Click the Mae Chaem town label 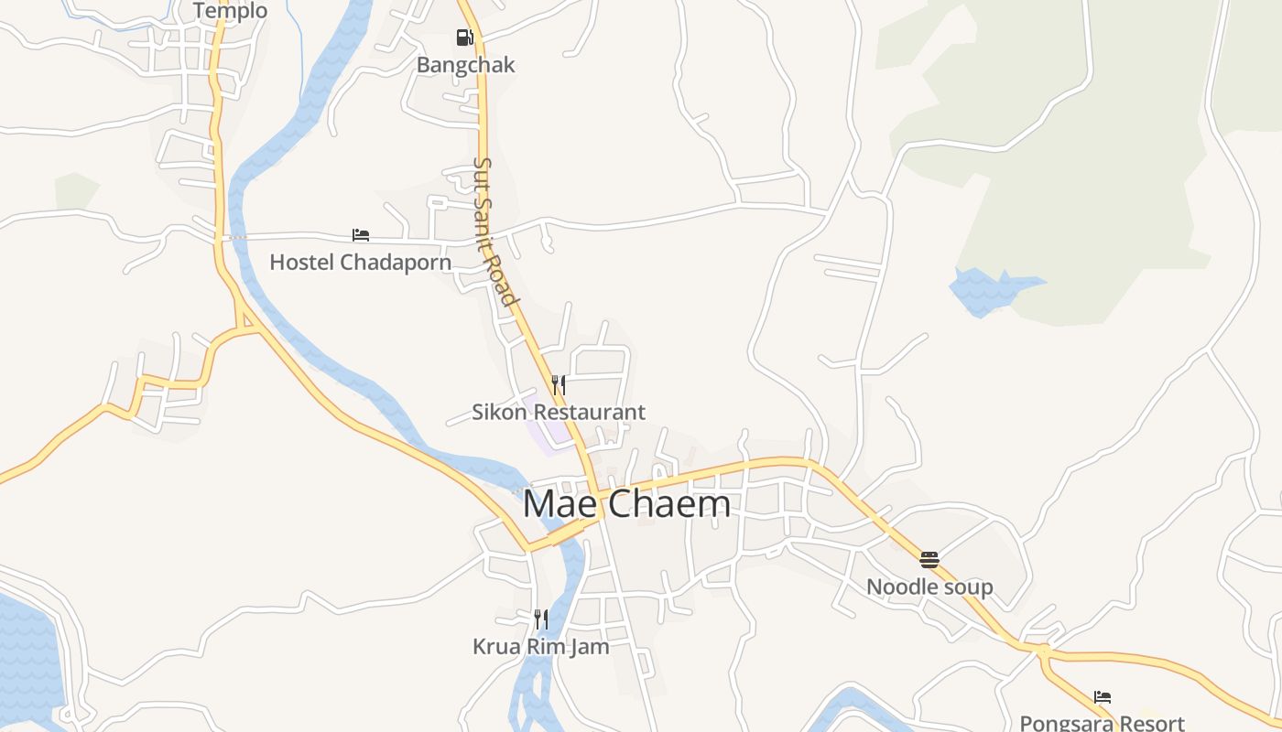[626, 504]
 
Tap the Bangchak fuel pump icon [465, 38]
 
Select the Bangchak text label [465, 65]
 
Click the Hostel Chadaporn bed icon [361, 235]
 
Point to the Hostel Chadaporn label [360, 263]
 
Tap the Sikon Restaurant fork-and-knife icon [558, 385]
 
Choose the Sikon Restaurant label [558, 413]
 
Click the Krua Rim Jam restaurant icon [540, 619]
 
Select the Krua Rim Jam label [540, 647]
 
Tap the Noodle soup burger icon [929, 559]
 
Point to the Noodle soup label [929, 587]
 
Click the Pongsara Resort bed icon [1103, 697]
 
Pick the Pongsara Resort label [1102, 723]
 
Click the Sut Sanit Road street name [494, 231]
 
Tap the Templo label [230, 11]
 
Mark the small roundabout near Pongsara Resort [1042, 651]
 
